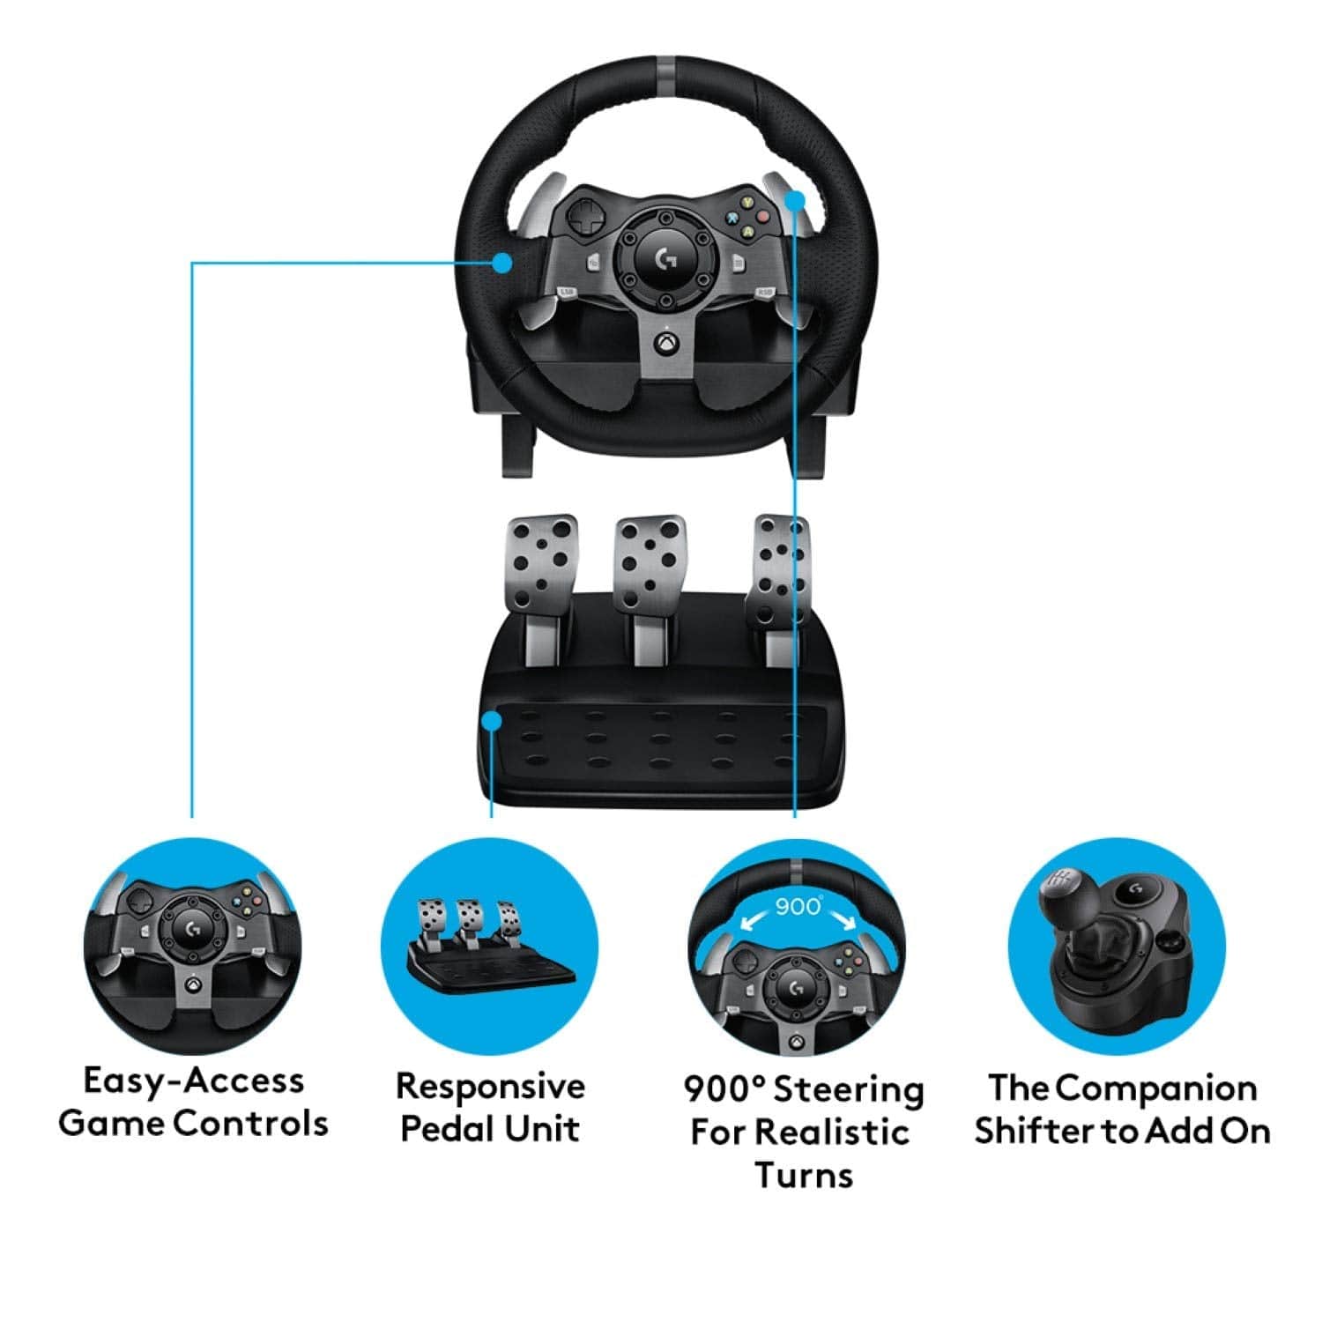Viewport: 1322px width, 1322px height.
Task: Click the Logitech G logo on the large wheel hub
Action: tap(667, 259)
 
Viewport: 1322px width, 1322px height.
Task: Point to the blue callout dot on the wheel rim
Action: tap(503, 262)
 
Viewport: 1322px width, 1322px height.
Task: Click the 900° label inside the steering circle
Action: tap(798, 906)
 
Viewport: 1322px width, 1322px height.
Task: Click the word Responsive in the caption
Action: tap(490, 1086)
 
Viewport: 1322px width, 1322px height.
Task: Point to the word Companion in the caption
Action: tap(1156, 1088)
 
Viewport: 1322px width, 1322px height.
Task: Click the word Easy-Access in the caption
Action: tap(193, 1081)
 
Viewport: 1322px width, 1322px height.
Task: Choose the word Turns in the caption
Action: tap(804, 1175)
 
